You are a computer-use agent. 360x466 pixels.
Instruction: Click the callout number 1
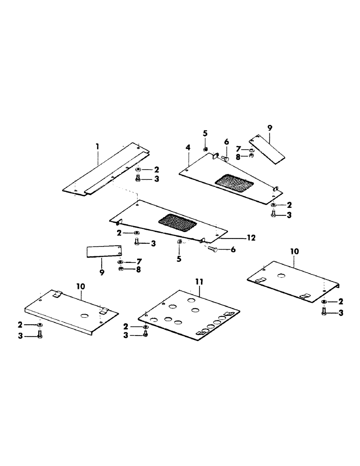click(x=97, y=146)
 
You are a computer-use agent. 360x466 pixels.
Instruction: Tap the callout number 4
click(x=188, y=148)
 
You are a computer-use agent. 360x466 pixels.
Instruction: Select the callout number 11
click(x=200, y=281)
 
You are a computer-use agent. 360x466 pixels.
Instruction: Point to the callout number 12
click(x=251, y=238)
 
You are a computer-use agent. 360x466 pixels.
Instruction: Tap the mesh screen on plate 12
click(x=178, y=222)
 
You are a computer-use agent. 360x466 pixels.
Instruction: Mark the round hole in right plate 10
click(x=281, y=276)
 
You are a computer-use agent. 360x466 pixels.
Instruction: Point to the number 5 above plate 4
click(x=205, y=134)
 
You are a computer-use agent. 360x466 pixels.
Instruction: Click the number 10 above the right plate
click(x=294, y=251)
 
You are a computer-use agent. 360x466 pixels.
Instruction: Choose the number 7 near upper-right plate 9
click(x=237, y=150)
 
